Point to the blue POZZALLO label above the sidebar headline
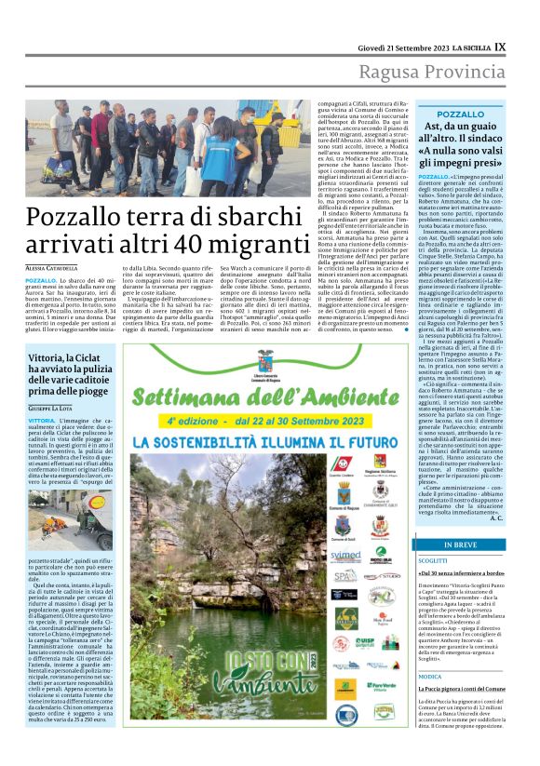click(x=460, y=114)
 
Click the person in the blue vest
click(x=222, y=149)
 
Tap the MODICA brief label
click(x=429, y=677)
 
